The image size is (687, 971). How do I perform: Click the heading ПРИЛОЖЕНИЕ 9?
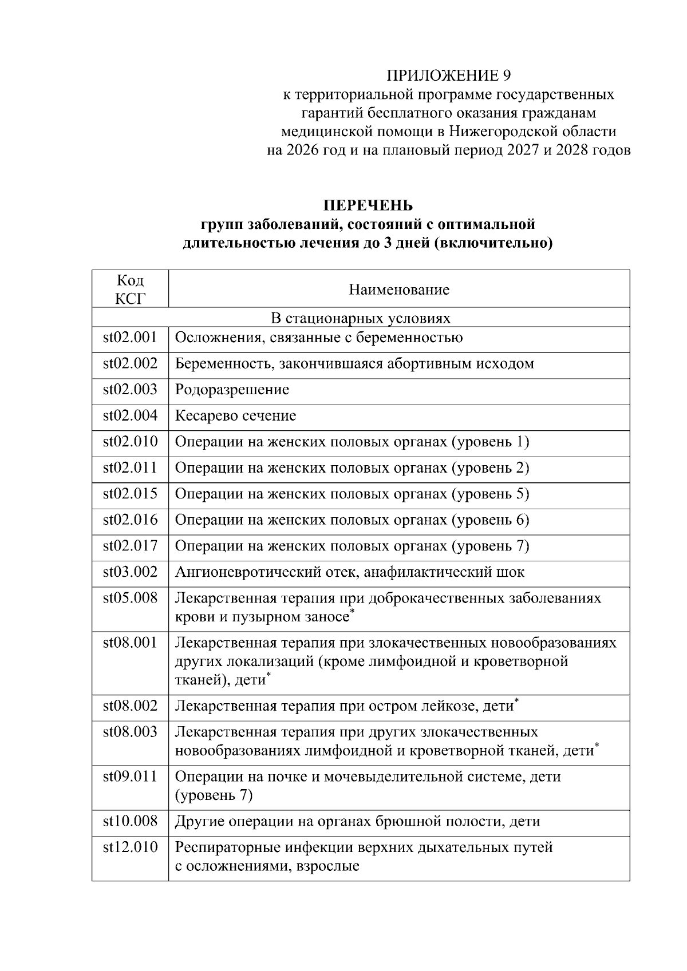448,76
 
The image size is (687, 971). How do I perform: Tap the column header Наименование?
399,290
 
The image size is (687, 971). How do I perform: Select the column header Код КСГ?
130,289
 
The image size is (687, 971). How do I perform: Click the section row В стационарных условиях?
360,318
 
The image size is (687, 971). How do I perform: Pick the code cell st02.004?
130,415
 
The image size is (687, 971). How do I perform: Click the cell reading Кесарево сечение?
235,415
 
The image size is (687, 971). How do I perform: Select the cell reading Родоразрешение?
232,390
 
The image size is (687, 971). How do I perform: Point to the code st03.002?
130,572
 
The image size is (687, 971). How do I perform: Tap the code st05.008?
130,598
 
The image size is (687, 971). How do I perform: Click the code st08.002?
130,706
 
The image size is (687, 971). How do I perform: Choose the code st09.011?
130,776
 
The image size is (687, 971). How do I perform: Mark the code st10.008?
130,821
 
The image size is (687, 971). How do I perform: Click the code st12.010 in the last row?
130,847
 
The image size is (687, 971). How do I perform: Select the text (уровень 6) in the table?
491,520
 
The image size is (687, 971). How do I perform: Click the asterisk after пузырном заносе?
353,612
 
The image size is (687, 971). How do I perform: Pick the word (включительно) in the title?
493,243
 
